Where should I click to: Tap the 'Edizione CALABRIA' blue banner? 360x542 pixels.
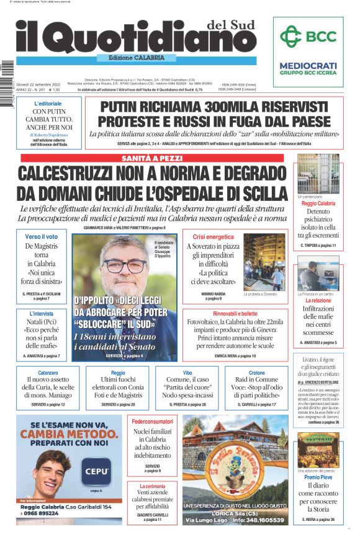click(136, 58)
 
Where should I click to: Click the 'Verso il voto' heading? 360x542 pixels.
click(41, 237)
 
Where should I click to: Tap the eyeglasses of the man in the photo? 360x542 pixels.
click(127, 264)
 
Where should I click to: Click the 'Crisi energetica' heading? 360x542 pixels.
click(213, 237)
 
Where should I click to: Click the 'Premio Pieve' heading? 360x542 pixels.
click(318, 478)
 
